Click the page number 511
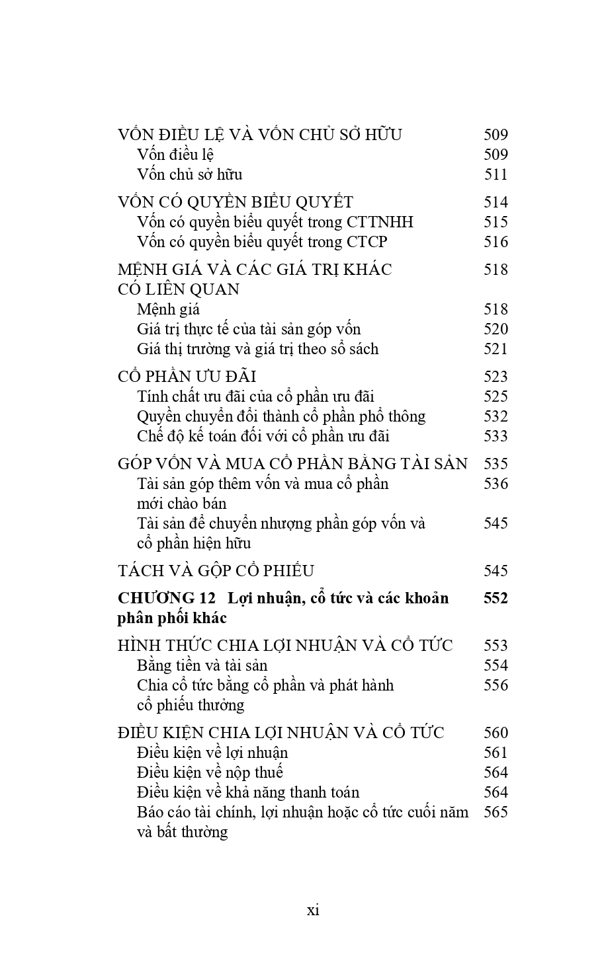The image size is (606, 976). pos(496,174)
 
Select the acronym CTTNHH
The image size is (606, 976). pos(380,222)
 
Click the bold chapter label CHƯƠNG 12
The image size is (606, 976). pos(167,598)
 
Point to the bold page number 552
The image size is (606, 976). pos(496,598)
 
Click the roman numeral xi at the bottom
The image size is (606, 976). pos(313,910)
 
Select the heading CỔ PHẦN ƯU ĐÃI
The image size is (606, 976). pos(187,377)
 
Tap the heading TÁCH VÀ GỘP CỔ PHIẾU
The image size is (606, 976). pos(216,571)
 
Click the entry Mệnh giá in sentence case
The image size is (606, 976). pos(168,309)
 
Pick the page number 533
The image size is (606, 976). pos(496,436)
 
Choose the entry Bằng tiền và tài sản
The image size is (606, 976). pos(202,665)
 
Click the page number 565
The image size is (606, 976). pos(496,812)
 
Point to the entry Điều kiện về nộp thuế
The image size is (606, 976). pos(210,772)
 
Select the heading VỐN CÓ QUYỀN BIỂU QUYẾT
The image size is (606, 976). pos(236,202)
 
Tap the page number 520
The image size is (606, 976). pos(496,329)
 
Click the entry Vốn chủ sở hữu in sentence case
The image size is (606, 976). pos(189,174)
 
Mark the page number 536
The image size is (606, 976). pos(496,484)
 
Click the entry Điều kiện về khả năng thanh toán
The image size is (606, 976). pos(248,792)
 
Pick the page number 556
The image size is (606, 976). pos(496,685)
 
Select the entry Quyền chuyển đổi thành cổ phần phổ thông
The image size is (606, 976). pos(281,416)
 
